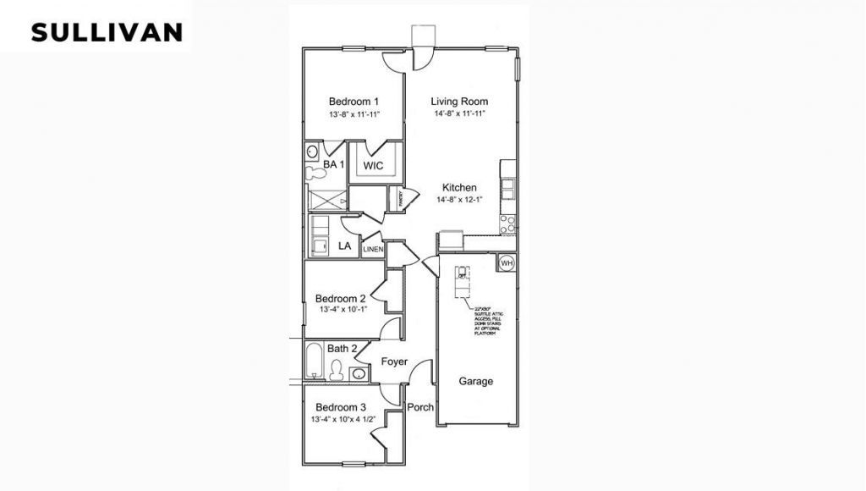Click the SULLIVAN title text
[107, 32]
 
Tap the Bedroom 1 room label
[354, 102]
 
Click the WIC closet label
[373, 165]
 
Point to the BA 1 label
[333, 163]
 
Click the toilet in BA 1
[315, 173]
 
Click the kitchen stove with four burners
[507, 223]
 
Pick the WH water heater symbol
[506, 263]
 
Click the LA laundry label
[344, 246]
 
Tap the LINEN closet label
[373, 250]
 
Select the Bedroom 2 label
[340, 298]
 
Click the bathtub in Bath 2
[314, 361]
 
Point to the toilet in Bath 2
[337, 371]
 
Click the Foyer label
[394, 361]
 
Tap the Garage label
[475, 381]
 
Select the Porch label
[420, 407]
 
